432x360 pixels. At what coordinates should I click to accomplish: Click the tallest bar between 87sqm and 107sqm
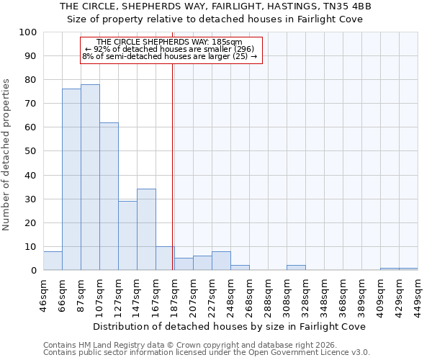(x=90, y=177)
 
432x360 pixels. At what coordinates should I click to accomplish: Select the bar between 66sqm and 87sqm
(x=71, y=179)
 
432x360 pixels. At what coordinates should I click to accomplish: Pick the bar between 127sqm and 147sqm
(x=127, y=235)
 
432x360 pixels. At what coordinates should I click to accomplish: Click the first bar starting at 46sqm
(x=53, y=261)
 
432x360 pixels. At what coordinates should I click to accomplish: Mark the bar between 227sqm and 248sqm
(x=221, y=261)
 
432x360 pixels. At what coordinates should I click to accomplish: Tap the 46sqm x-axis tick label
(x=43, y=294)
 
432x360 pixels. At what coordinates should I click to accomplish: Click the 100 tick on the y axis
(x=28, y=32)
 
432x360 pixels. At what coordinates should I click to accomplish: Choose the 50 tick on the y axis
(x=30, y=151)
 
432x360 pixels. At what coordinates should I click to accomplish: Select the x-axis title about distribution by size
(x=230, y=326)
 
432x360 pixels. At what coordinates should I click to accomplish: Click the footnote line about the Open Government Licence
(x=206, y=353)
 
